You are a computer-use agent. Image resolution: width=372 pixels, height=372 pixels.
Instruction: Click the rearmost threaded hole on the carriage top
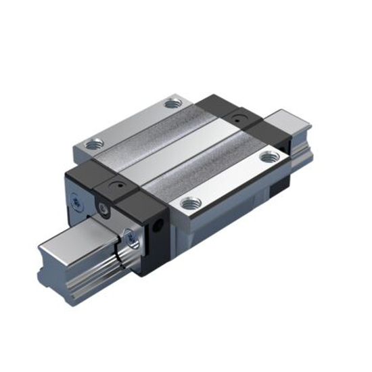point(172,103)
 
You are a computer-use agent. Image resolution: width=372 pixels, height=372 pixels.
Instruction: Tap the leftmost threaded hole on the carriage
point(91,143)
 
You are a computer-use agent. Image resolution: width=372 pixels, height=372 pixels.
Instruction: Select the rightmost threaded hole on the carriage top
point(269,157)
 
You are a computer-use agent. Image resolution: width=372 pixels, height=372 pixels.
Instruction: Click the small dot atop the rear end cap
point(238,119)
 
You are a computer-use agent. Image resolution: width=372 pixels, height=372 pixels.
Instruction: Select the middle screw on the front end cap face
point(103,208)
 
